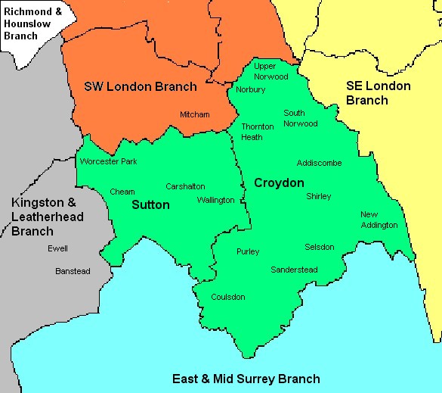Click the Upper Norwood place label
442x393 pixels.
pyautogui.click(x=270, y=71)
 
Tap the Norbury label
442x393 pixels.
pyautogui.click(x=251, y=89)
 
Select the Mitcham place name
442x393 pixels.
pyautogui.click(x=194, y=114)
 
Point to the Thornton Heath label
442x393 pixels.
pyautogui.click(x=252, y=132)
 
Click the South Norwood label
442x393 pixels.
pyautogui.click(x=300, y=118)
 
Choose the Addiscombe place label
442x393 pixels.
pyautogui.click(x=319, y=163)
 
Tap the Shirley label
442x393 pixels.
pyautogui.click(x=318, y=196)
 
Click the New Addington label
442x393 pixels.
pyautogui.click(x=379, y=220)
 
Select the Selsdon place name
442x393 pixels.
pyautogui.click(x=319, y=247)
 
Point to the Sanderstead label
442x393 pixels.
pyautogui.click(x=294, y=270)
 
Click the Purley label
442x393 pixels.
pyautogui.click(x=248, y=251)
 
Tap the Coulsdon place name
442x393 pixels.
pyautogui.click(x=228, y=297)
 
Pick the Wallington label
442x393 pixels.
pyautogui.click(x=215, y=200)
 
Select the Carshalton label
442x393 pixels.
pyautogui.click(x=185, y=186)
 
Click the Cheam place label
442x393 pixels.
pyautogui.click(x=122, y=192)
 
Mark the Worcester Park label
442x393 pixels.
pyautogui.click(x=109, y=161)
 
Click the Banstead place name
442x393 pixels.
pyautogui.click(x=73, y=270)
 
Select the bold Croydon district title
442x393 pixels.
pyautogui.click(x=279, y=183)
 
